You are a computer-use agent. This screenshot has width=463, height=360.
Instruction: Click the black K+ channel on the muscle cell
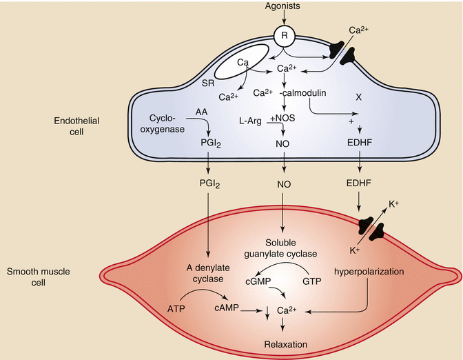pos(373,226)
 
